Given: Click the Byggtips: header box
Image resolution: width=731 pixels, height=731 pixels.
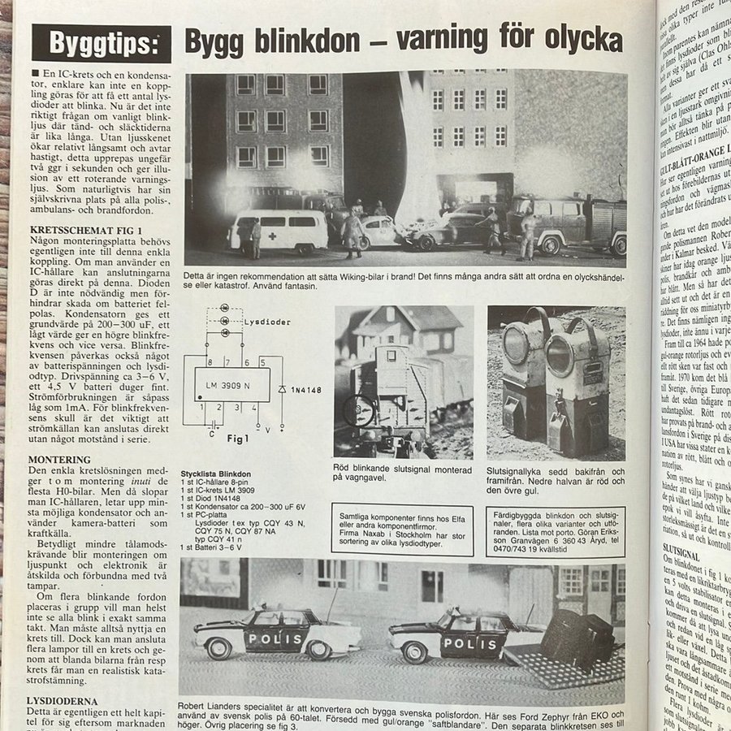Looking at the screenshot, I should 102,43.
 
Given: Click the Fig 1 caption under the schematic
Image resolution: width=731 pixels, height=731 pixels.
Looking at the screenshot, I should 236,440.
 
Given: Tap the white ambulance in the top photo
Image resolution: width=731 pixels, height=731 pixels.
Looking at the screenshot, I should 278,230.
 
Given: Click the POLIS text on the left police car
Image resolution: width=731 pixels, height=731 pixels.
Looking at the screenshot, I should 275,638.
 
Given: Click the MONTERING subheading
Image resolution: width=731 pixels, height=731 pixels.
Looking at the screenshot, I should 59,459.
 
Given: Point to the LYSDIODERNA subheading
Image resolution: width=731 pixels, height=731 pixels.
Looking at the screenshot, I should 63,700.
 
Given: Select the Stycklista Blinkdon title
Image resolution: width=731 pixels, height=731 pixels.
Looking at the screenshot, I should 215,473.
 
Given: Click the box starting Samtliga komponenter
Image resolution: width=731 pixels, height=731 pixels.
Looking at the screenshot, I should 402,529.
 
